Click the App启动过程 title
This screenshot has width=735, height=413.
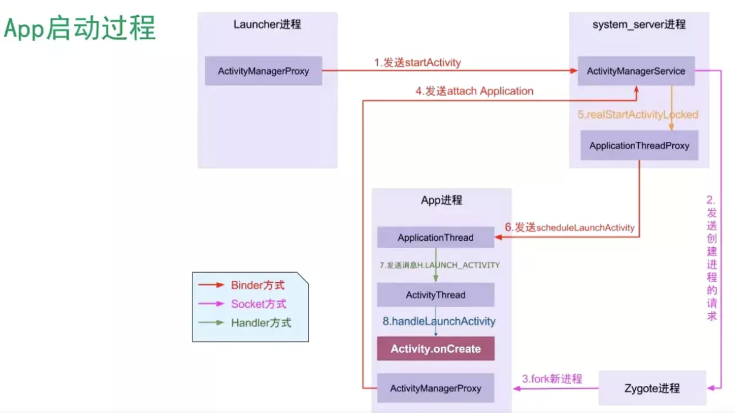pyautogui.click(x=80, y=29)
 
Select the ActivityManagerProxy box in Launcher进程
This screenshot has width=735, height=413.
pyautogui.click(x=263, y=71)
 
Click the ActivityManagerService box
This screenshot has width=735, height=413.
pyautogui.click(x=636, y=71)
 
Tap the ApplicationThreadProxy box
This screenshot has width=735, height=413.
pyautogui.click(x=639, y=145)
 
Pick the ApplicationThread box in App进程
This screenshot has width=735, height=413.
pyautogui.click(x=435, y=237)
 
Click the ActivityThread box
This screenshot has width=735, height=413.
pyautogui.click(x=435, y=295)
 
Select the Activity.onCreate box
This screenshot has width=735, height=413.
pyautogui.click(x=435, y=349)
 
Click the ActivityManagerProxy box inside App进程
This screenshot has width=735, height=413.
pyautogui.click(x=435, y=388)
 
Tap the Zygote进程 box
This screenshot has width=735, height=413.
pyautogui.click(x=652, y=388)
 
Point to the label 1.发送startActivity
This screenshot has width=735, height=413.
pyautogui.click(x=418, y=62)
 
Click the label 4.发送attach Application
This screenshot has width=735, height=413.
pyautogui.click(x=474, y=91)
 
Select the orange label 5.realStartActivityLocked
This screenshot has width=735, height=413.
pyautogui.click(x=638, y=114)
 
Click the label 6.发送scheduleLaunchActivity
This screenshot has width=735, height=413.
pyautogui.click(x=569, y=227)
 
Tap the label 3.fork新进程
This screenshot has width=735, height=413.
pyautogui.click(x=552, y=379)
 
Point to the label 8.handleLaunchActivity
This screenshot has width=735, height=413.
pyautogui.click(x=439, y=321)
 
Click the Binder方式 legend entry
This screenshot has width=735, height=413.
pyautogui.click(x=257, y=285)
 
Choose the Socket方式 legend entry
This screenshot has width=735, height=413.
pyautogui.click(x=258, y=304)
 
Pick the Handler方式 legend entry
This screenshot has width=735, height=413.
pyautogui.click(x=261, y=323)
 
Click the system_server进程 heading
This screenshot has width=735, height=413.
pyautogui.click(x=639, y=24)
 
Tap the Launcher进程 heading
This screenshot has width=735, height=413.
pyautogui.click(x=267, y=24)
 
